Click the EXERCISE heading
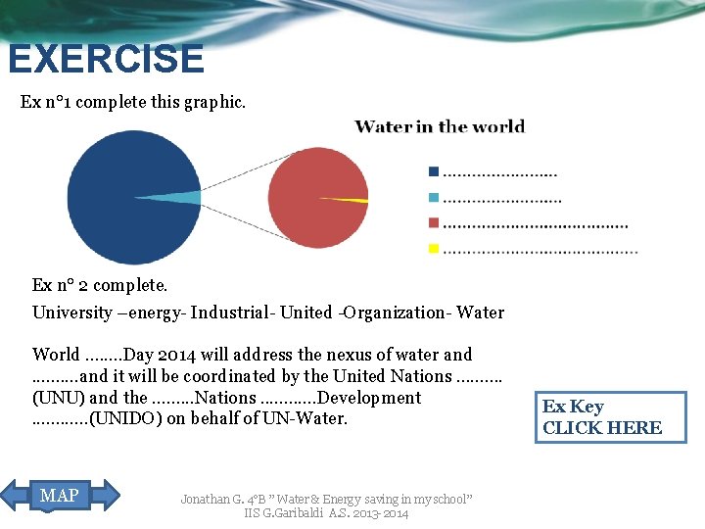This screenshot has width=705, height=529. coord(106,59)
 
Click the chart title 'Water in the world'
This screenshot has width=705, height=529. coord(440,126)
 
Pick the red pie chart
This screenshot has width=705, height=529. coord(313,196)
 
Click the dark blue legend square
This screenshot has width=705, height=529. coord(433,171)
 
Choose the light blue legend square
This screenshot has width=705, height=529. coord(433,198)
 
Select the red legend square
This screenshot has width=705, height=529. coord(433,223)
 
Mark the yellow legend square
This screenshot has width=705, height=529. coord(433,249)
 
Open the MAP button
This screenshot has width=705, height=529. coord(61,496)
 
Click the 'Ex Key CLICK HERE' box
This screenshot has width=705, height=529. coord(610,416)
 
